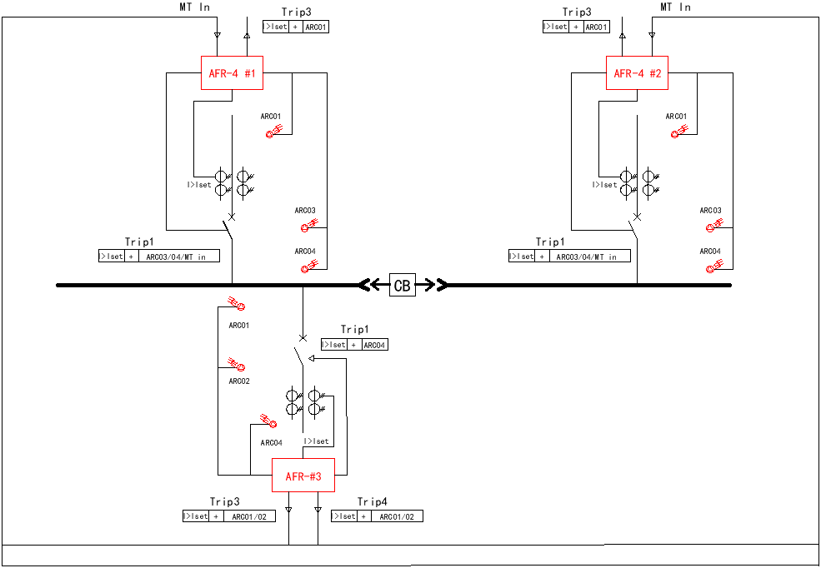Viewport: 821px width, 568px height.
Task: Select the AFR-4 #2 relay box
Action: click(x=637, y=74)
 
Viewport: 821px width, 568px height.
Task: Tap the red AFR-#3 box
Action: click(x=303, y=476)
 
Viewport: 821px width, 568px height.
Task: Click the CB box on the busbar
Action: click(x=402, y=286)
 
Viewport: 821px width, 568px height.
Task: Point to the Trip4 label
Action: click(x=373, y=501)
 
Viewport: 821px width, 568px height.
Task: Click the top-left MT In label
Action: click(x=195, y=7)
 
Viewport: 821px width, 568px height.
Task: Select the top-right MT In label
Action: click(x=675, y=7)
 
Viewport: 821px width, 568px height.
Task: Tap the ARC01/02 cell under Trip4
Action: click(x=397, y=516)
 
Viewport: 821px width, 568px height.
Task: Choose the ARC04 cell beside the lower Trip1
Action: click(x=374, y=345)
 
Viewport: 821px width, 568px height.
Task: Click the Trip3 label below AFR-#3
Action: click(x=225, y=501)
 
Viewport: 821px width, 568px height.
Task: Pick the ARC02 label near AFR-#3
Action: click(x=239, y=381)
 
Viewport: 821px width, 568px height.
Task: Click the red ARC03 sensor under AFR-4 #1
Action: click(x=307, y=226)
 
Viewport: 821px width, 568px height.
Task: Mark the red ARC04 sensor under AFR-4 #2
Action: click(x=713, y=267)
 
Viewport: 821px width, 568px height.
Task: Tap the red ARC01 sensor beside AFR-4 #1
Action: click(x=273, y=131)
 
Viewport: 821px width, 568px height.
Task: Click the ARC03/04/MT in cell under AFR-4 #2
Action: click(x=587, y=257)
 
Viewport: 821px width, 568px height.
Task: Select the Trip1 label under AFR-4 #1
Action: click(x=140, y=242)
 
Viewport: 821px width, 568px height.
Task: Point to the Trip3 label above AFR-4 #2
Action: click(x=576, y=12)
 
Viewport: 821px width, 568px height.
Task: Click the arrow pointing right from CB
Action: click(x=431, y=286)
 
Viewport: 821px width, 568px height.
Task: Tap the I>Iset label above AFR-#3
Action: click(x=317, y=441)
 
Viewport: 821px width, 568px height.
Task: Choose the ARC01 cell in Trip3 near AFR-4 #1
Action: click(x=316, y=27)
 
